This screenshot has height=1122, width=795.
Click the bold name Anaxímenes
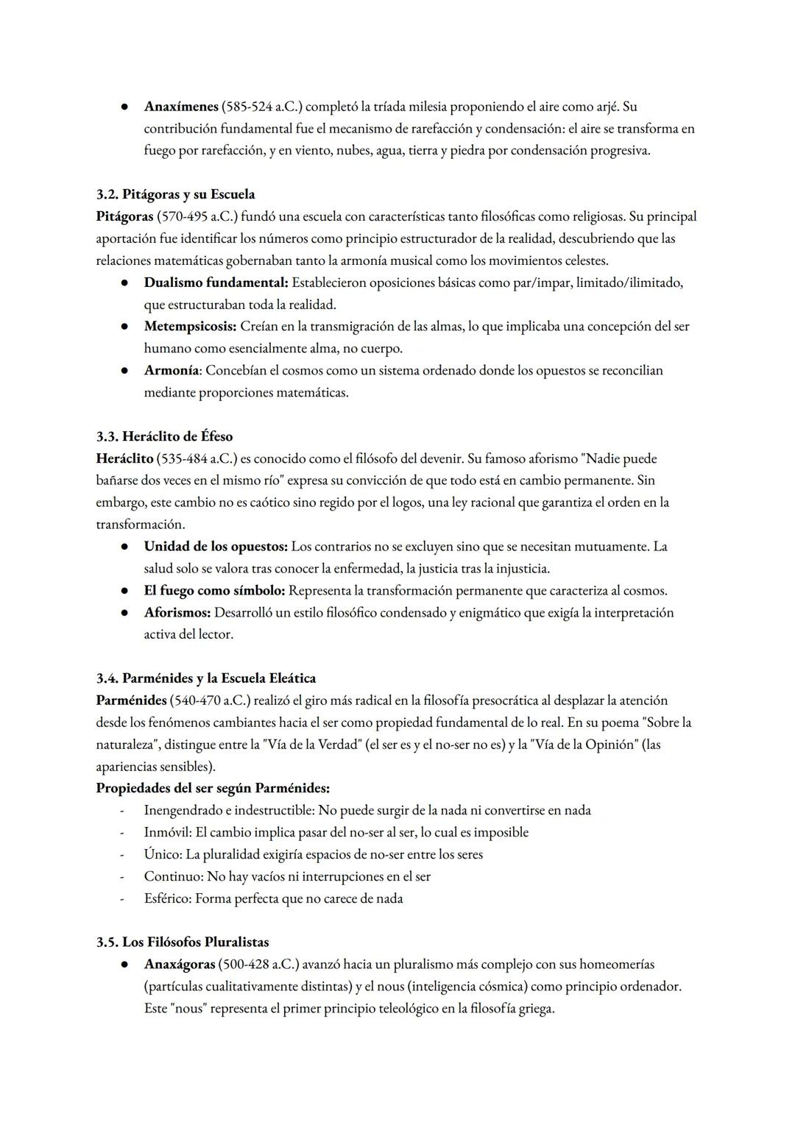pos(180,107)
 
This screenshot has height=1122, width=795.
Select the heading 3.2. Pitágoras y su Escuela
pos(175,194)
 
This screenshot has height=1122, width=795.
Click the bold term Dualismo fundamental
pos(216,283)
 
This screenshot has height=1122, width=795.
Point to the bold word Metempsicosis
pos(190,326)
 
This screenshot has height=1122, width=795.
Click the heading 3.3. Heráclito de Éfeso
pos(164,436)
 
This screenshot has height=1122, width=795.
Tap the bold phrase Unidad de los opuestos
pos(216,547)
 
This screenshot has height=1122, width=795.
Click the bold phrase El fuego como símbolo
pos(214,591)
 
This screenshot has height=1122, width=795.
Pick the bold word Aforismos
pos(177,613)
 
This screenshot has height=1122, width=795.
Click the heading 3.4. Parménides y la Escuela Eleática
pos(205,678)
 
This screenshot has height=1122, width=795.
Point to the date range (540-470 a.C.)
pos(210,700)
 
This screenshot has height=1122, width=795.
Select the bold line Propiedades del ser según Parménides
pos(213,788)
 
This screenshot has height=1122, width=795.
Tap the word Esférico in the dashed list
pos(167,898)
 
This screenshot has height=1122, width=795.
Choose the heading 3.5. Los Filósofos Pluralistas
pos(182,942)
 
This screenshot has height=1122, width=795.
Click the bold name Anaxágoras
pos(180,964)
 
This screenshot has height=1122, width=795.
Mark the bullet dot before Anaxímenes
pos(126,107)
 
